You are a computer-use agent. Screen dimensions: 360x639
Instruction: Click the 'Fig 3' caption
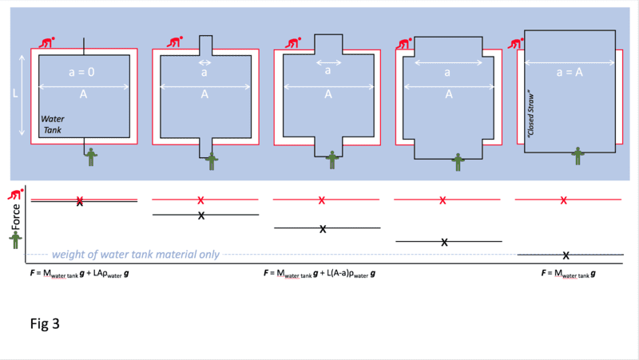click(x=44, y=325)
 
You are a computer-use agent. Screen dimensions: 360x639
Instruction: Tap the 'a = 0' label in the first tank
click(x=82, y=72)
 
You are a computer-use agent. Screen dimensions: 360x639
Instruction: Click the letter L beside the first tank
click(x=15, y=93)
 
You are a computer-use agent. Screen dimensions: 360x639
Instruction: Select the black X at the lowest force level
click(x=566, y=255)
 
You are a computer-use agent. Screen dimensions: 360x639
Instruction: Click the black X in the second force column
click(x=201, y=216)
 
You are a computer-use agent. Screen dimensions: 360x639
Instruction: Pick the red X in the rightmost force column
click(x=564, y=200)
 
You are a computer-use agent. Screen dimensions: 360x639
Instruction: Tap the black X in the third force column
click(x=323, y=229)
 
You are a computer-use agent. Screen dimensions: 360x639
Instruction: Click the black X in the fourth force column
click(x=444, y=242)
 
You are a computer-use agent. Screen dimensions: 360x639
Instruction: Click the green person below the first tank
click(x=91, y=156)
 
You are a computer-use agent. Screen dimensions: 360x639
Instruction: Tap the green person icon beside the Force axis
click(x=14, y=239)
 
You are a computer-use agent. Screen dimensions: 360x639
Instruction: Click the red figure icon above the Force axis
click(x=14, y=195)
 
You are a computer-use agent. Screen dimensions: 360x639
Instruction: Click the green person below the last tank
click(x=577, y=156)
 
